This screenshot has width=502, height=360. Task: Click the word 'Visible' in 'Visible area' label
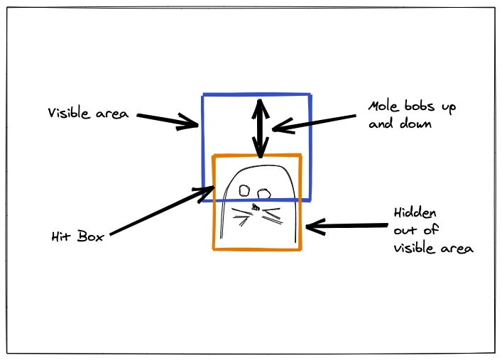point(69,113)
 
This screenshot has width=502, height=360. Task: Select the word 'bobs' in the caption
point(420,106)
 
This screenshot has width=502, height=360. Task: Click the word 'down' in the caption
point(415,124)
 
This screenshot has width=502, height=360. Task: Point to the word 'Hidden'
point(415,213)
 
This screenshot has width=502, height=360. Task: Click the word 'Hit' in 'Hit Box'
point(61,236)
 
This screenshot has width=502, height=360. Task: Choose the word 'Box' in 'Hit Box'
point(91,236)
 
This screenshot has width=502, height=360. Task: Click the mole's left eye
point(244,190)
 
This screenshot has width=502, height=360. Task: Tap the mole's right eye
point(264,193)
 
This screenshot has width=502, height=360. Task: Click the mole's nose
point(256,207)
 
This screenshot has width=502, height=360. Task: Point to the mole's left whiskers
point(241,217)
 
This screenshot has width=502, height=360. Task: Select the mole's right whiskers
point(272,216)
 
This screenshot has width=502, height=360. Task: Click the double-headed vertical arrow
point(261,128)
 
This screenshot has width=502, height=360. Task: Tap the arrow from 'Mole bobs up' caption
point(314,123)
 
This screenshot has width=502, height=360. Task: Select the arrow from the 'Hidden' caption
point(347,226)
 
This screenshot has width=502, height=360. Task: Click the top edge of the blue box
point(256,94)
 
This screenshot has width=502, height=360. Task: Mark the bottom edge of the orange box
point(257,249)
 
